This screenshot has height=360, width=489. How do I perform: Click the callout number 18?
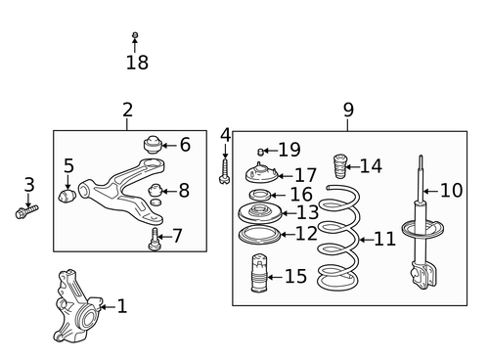[136, 64]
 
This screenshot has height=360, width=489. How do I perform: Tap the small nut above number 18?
[135, 36]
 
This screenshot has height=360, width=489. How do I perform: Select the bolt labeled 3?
[26, 210]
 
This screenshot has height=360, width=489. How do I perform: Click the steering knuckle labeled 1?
[76, 304]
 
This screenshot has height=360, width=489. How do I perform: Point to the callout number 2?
[127, 111]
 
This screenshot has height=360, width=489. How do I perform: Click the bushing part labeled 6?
[153, 144]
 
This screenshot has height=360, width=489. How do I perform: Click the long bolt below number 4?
[224, 170]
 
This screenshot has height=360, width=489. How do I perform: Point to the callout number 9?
[348, 111]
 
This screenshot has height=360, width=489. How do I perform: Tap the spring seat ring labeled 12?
[257, 235]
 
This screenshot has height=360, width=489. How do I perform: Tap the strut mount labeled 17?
[263, 176]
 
